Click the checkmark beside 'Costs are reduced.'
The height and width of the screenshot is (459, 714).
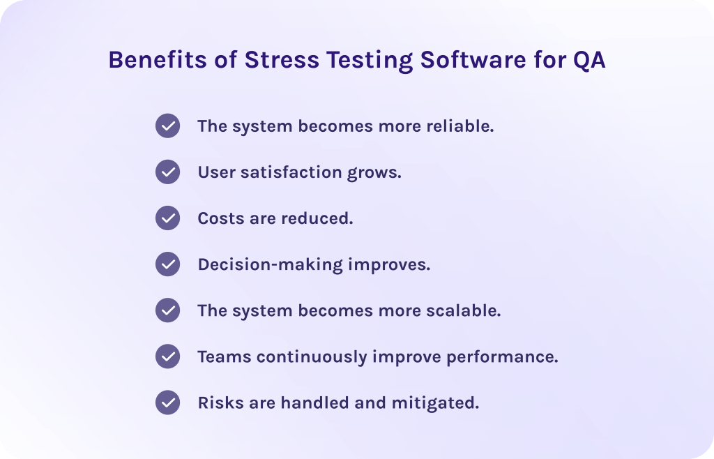coord(167,218)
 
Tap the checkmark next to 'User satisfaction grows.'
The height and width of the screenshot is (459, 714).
coord(167,172)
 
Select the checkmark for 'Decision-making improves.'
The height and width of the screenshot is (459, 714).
coord(167,264)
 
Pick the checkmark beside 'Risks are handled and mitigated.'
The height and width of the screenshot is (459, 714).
coord(167,402)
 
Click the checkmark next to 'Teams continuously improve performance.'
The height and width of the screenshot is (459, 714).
coord(167,356)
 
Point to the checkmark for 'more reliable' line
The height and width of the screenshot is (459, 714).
coord(167,126)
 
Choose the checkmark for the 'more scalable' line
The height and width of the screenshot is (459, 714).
coord(167,310)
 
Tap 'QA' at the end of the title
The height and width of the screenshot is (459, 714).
coord(589,61)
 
